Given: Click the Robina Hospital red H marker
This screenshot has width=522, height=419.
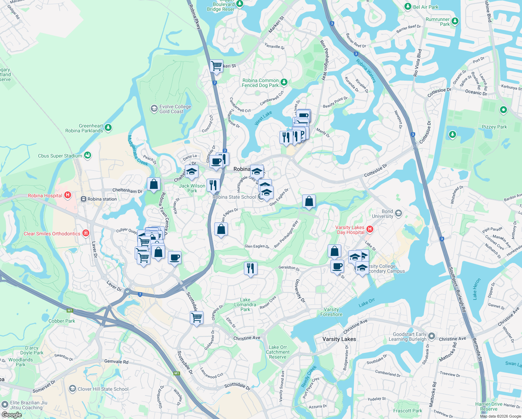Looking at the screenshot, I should coord(68,195).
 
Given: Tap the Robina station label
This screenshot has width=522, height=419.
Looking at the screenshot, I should coord(102,199).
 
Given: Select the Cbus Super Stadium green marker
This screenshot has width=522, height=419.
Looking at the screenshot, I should coord(87,155).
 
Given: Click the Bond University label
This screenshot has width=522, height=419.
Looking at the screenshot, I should coord(382,214).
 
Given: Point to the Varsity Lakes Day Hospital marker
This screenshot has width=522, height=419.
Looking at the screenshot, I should coord(370,229).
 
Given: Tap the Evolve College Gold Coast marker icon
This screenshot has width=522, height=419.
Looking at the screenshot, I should coord(154,109).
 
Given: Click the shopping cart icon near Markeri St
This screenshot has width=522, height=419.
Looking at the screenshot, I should coord(216,66).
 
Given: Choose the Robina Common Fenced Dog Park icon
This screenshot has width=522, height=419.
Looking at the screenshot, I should coord(284,82).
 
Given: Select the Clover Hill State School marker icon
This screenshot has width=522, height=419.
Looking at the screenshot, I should coord(73,389).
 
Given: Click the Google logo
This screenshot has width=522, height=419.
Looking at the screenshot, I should coord(12,415).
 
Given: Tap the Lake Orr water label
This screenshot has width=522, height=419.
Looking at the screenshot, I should coord(366,302).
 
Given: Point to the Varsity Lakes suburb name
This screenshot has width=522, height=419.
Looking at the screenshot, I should coord(339,339).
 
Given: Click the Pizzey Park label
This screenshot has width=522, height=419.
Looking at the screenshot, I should coord(494,127).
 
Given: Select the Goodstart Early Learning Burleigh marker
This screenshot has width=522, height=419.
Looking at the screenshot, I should coord(432,336).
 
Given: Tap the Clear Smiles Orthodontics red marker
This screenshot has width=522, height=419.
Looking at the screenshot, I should coord(86,233).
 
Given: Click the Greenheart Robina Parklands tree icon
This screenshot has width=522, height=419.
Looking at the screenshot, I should coord(108,128).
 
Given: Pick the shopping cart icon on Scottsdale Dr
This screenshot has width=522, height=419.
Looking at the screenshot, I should coord(197,317).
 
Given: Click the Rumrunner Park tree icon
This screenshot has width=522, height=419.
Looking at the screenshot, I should coord(455,21).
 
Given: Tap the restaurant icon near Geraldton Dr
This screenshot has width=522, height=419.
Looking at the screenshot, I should coord(251,268).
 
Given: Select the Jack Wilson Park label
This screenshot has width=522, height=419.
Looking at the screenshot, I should coord(192,188).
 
